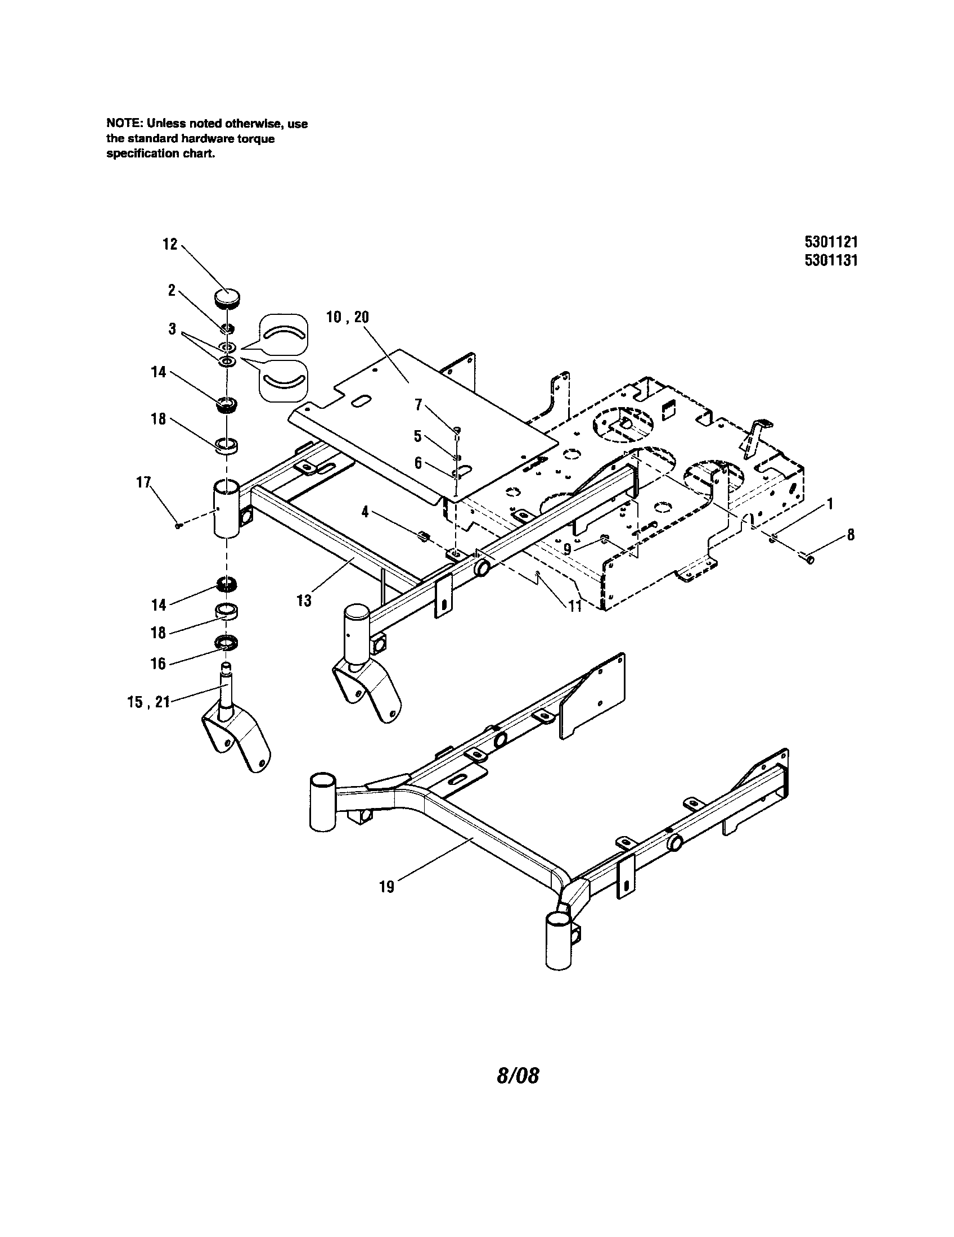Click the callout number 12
click(170, 245)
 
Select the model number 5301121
click(830, 242)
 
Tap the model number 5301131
click(830, 260)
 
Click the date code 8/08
click(517, 1076)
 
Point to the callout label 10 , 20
click(347, 317)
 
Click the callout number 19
click(386, 887)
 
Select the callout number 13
click(304, 601)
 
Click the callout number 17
click(144, 482)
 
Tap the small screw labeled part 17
click(178, 526)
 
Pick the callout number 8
click(850, 535)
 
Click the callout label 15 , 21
click(148, 702)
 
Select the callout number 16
click(158, 663)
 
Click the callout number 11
click(575, 607)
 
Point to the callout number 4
click(366, 512)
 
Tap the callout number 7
click(418, 404)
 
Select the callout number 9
click(567, 549)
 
